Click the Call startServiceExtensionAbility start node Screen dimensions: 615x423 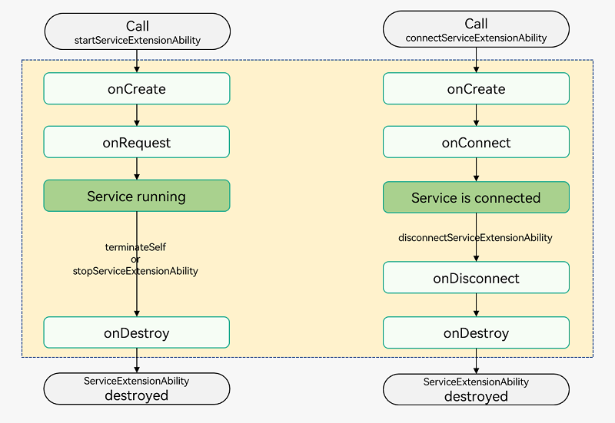tap(138, 31)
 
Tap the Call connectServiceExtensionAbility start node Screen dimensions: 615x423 tap(476, 29)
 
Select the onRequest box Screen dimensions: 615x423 tap(137, 142)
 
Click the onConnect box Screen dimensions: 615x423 tap(476, 142)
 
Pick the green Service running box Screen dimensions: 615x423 tap(137, 196)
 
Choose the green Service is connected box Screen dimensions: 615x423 tap(476, 197)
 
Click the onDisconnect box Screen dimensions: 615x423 tap(476, 277)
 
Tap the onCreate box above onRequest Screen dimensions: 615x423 tap(137, 88)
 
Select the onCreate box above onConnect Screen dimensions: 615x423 tap(476, 88)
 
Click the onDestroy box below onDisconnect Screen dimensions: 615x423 tap(476, 332)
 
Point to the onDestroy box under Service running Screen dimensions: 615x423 tap(137, 332)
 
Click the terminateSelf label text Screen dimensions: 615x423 tap(135, 247)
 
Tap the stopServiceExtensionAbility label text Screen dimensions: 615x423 tap(135, 271)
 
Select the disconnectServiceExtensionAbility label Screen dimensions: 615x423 tap(475, 238)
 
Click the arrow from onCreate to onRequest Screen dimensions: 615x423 tap(137, 115)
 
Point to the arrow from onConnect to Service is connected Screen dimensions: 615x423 tap(476, 170)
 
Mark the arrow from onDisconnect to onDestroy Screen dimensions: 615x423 tap(476, 305)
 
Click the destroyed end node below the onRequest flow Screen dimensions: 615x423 tap(137, 388)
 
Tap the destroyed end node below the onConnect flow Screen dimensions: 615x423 tap(476, 390)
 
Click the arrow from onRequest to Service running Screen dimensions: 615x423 tap(137, 169)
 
